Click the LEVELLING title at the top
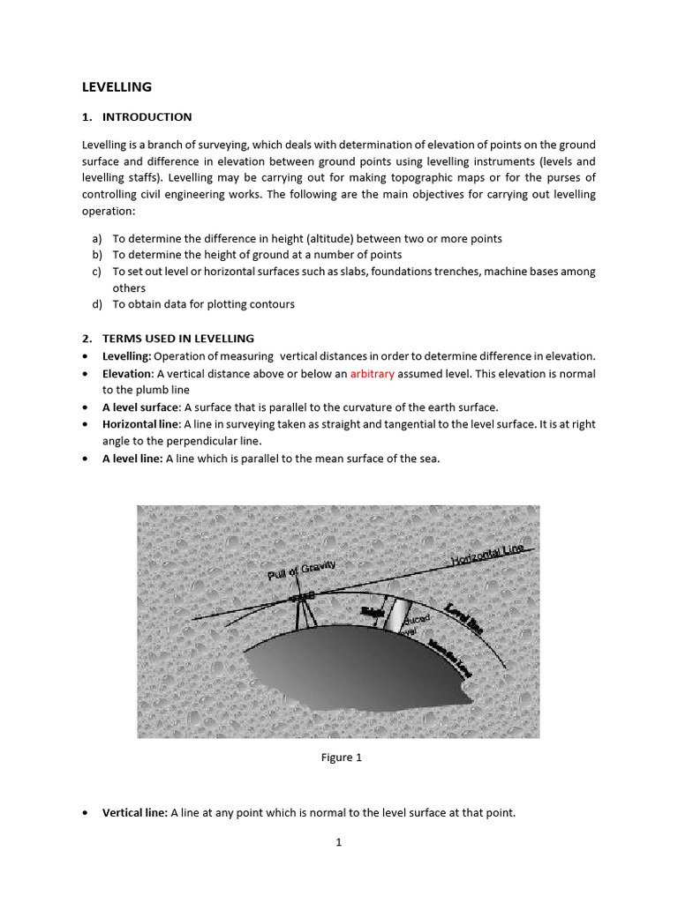pyautogui.click(x=117, y=87)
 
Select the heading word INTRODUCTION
pyautogui.click(x=147, y=117)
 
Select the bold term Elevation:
pyautogui.click(x=128, y=374)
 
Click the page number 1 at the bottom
pyautogui.click(x=338, y=842)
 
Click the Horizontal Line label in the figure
pyautogui.click(x=487, y=555)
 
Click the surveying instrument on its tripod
pyautogui.click(x=302, y=605)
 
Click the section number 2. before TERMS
pyautogui.click(x=87, y=339)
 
